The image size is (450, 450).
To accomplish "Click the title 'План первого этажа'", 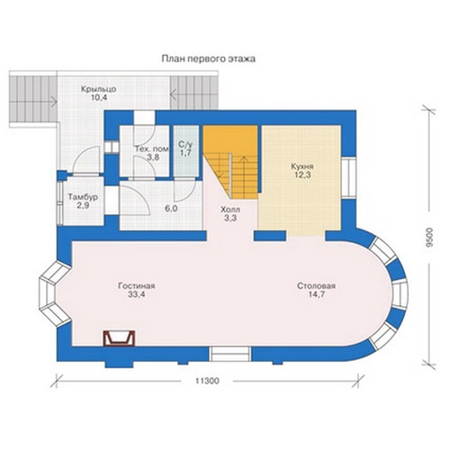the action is click(x=209, y=58).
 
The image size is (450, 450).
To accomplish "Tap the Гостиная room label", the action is click(x=137, y=286).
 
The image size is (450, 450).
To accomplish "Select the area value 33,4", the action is click(x=137, y=294).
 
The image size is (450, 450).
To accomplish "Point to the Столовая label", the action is click(x=317, y=286).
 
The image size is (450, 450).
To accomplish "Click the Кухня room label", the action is click(x=302, y=166).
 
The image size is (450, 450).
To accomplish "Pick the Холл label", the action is click(x=230, y=209).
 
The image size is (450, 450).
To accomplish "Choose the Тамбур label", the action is click(x=83, y=197).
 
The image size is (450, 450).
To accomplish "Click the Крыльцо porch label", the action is click(x=99, y=89).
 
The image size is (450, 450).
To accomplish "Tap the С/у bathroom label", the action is click(x=186, y=144).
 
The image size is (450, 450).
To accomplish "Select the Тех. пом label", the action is click(x=151, y=149).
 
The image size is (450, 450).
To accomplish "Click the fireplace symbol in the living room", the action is click(x=119, y=338).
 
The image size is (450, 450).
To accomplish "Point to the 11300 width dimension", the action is click(x=207, y=382).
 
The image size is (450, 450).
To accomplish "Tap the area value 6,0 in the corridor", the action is click(x=171, y=208).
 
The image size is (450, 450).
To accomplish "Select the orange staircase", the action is click(x=230, y=162).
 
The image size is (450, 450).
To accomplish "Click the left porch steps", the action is click(x=33, y=99).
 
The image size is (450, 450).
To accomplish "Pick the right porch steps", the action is click(x=194, y=93).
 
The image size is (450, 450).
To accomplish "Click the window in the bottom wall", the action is click(x=230, y=354).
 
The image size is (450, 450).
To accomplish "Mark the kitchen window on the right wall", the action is click(x=348, y=177).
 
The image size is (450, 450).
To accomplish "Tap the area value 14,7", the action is click(x=317, y=294).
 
